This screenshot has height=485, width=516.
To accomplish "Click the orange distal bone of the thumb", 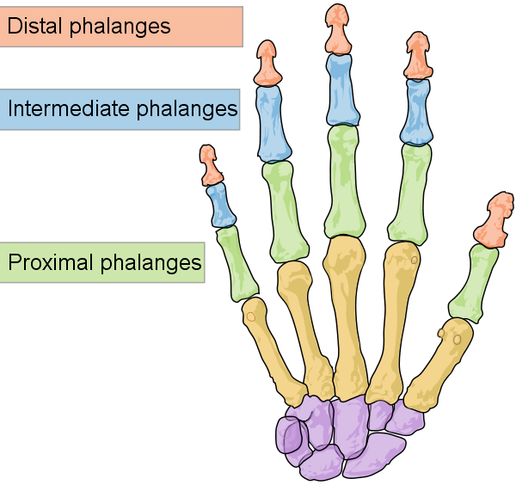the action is (x=494, y=220).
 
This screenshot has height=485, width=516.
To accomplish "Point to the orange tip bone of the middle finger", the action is (x=337, y=29).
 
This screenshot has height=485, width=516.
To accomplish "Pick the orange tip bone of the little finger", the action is (x=210, y=165).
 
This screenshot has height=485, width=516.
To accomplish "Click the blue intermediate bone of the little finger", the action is (x=220, y=206).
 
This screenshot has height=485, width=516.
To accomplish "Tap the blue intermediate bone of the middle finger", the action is (x=342, y=89).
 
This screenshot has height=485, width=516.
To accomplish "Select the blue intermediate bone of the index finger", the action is (x=416, y=112).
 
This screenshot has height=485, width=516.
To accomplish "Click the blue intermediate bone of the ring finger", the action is (x=273, y=125).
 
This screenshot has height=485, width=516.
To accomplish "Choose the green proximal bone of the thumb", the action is (x=473, y=284).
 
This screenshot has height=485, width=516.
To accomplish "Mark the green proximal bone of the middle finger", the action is (x=345, y=181).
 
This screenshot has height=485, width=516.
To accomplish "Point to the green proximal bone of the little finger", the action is (x=237, y=264).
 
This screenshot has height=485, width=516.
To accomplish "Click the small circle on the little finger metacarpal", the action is (x=251, y=316).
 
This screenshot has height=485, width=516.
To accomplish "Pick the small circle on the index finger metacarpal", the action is (x=415, y=260).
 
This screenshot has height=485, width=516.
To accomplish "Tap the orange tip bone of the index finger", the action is (x=418, y=56).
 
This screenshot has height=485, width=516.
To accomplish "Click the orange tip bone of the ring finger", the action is (x=267, y=64).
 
